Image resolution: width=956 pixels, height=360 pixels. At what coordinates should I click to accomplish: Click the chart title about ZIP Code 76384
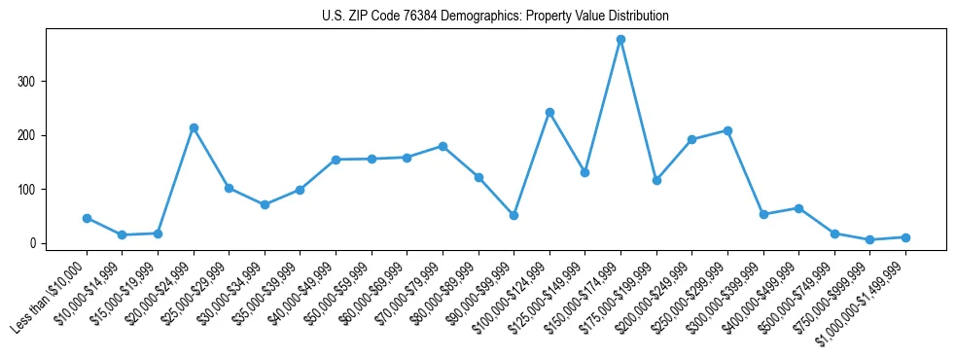(x=495, y=17)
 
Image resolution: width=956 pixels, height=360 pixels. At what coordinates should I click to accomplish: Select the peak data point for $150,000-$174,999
(x=620, y=40)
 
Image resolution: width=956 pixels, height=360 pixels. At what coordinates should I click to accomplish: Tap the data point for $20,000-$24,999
(x=194, y=127)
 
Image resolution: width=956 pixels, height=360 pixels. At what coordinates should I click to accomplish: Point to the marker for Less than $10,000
(x=87, y=218)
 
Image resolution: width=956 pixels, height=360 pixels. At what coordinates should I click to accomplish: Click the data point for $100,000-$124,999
(x=549, y=112)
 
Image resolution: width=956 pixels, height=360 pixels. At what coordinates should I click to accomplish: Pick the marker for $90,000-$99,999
(x=513, y=215)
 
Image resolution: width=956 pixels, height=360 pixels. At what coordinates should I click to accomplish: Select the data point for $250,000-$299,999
(x=727, y=130)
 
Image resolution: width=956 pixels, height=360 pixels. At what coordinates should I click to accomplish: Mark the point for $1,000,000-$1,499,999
(x=905, y=237)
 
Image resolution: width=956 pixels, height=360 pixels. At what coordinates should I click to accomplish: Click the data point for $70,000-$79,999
(x=443, y=146)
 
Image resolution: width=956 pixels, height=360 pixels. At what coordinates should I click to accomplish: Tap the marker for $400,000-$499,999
(x=798, y=208)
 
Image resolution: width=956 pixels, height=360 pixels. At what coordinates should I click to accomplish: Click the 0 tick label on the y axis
(x=35, y=243)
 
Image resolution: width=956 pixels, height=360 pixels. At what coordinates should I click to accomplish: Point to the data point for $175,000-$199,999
(x=656, y=180)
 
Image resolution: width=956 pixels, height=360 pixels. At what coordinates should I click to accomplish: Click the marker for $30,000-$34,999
(x=265, y=204)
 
